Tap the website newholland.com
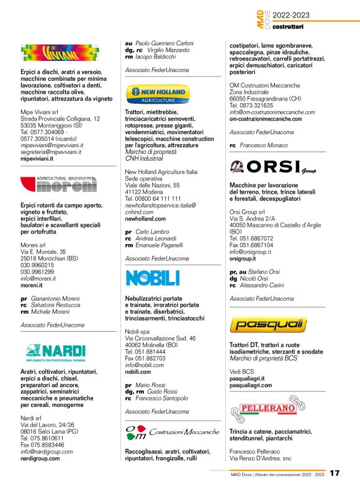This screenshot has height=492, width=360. pos(145,219)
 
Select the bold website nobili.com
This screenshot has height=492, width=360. pos(138,371)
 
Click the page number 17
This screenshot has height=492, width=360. pos(335,474)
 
